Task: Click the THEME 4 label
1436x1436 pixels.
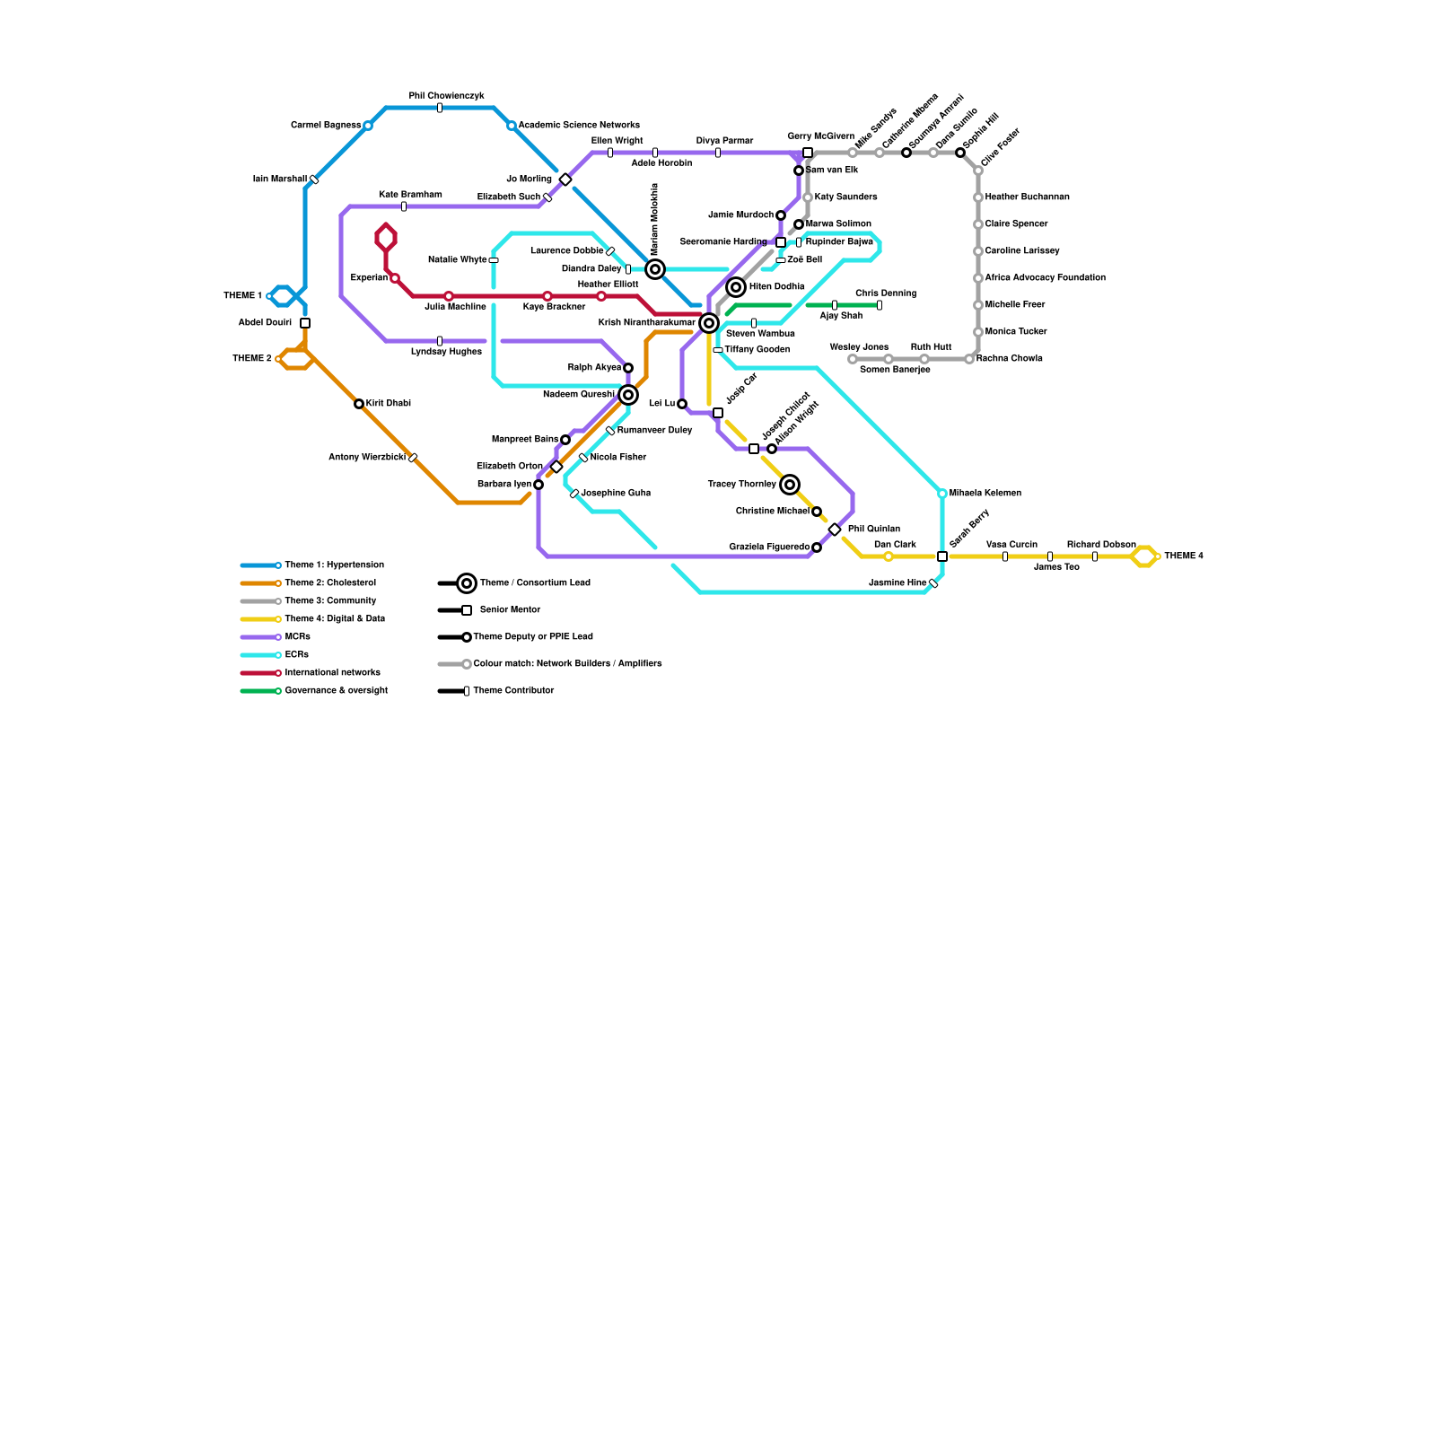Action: pyautogui.click(x=1183, y=556)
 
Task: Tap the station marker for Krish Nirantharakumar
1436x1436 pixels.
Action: pyautogui.click(x=709, y=323)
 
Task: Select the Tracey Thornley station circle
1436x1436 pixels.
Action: pyautogui.click(x=790, y=485)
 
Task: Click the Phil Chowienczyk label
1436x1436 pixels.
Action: pyautogui.click(x=446, y=96)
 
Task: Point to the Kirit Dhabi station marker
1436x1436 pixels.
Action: pyautogui.click(x=359, y=404)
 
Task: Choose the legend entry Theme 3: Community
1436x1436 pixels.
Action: pyautogui.click(x=330, y=601)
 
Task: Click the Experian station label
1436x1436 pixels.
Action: pyautogui.click(x=369, y=278)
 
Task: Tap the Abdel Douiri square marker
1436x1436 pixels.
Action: pyautogui.click(x=305, y=323)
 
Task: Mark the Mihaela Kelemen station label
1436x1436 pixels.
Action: pyautogui.click(x=985, y=494)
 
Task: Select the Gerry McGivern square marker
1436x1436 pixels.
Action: pyautogui.click(x=808, y=153)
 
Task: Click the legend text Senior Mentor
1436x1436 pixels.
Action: pyautogui.click(x=510, y=610)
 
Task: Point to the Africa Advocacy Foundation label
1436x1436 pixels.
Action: pyautogui.click(x=1045, y=278)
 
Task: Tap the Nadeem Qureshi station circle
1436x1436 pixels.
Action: pyautogui.click(x=628, y=395)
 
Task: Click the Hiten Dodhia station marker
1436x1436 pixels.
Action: pyautogui.click(x=736, y=287)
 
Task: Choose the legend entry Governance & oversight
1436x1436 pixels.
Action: pyautogui.click(x=336, y=691)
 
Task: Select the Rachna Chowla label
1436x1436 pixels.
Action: pyautogui.click(x=1009, y=359)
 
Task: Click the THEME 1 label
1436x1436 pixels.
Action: pyautogui.click(x=242, y=296)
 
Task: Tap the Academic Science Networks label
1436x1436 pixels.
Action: pyautogui.click(x=579, y=126)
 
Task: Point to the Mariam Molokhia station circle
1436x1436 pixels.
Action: pyautogui.click(x=655, y=269)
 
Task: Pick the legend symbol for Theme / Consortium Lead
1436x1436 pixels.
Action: pyautogui.click(x=467, y=583)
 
